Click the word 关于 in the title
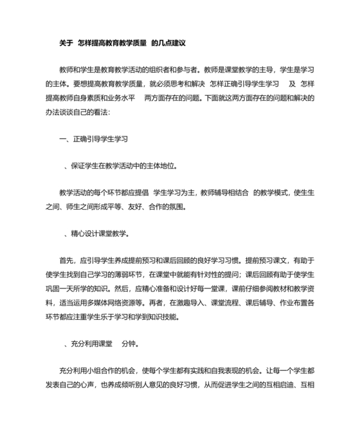(66, 42)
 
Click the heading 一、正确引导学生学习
(94, 137)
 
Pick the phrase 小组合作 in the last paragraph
(101, 371)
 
